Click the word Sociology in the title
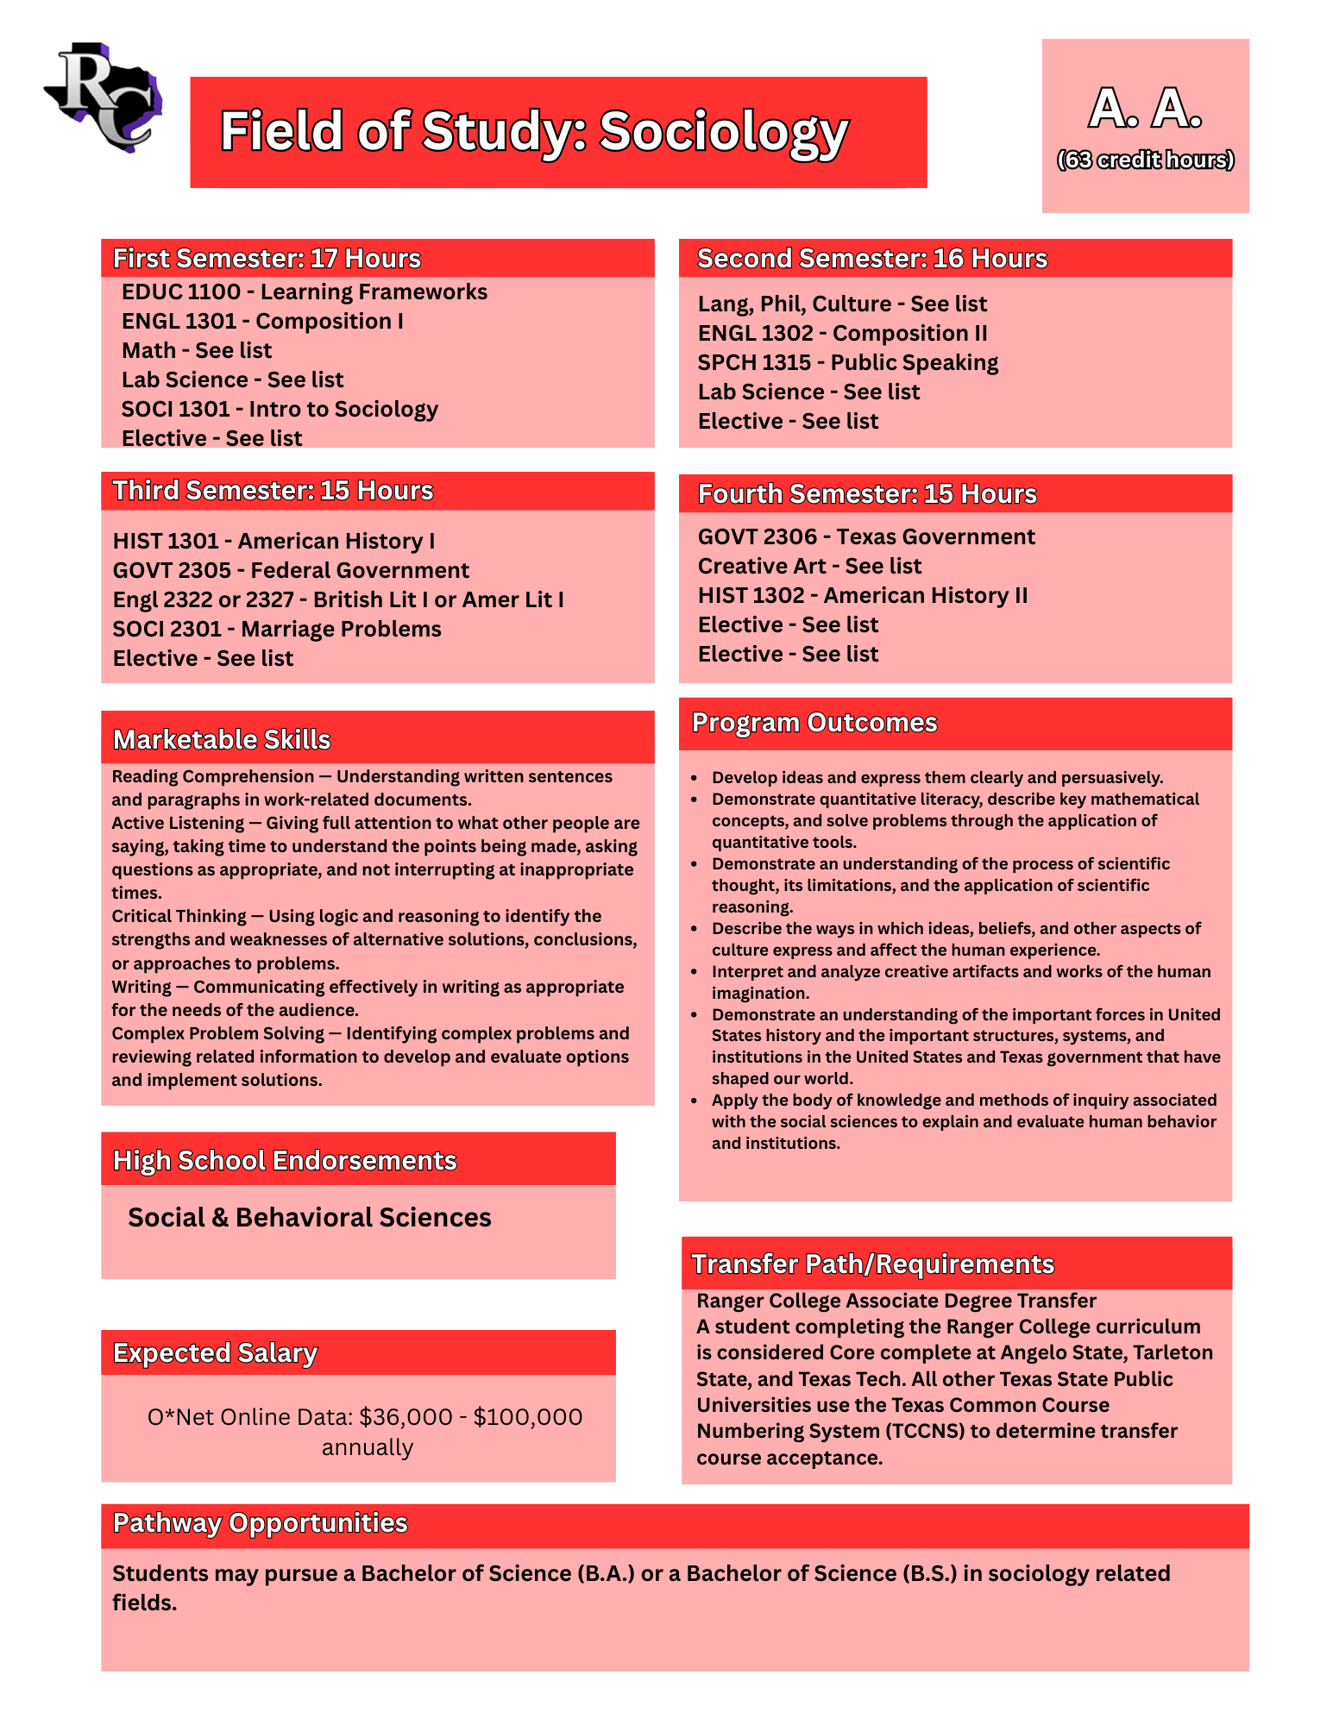pos(724,132)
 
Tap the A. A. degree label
pos(1145,110)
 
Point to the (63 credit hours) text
pos(1145,160)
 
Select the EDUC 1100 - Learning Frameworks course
pos(304,292)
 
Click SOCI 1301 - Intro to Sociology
pos(280,410)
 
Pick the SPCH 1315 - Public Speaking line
pos(847,363)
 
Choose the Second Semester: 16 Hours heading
pos(871,259)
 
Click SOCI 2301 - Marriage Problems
pos(276,630)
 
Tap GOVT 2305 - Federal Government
pos(291,571)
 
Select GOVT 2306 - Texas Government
pos(865,537)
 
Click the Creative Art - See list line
pos(809,567)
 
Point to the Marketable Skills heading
pos(222,740)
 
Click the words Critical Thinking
pos(179,917)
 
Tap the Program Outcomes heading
pos(814,723)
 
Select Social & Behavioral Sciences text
pos(309,1218)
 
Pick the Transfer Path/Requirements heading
pos(872,1264)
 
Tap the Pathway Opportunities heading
pos(260,1524)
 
